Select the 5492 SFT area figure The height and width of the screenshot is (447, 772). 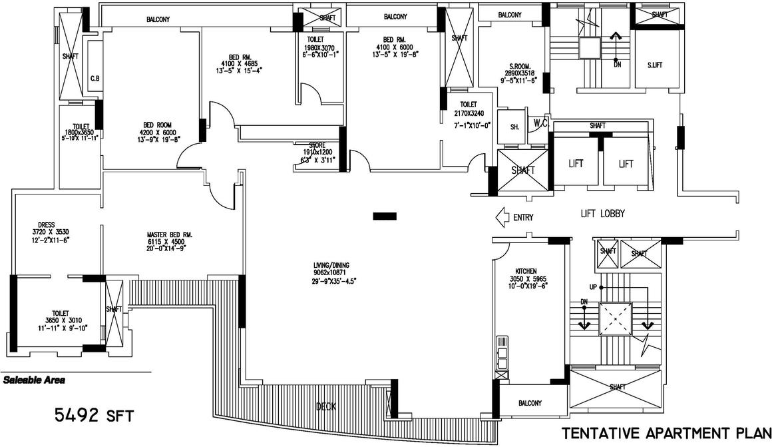(x=94, y=416)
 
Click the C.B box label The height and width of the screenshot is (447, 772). (x=95, y=79)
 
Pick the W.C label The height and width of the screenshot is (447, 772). (x=538, y=123)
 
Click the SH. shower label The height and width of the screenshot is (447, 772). (x=514, y=127)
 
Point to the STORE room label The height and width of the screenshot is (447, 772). (x=316, y=145)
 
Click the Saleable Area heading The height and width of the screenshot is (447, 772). (x=34, y=381)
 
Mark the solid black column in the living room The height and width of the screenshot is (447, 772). (x=385, y=215)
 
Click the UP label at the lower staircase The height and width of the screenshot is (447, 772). (x=592, y=287)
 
